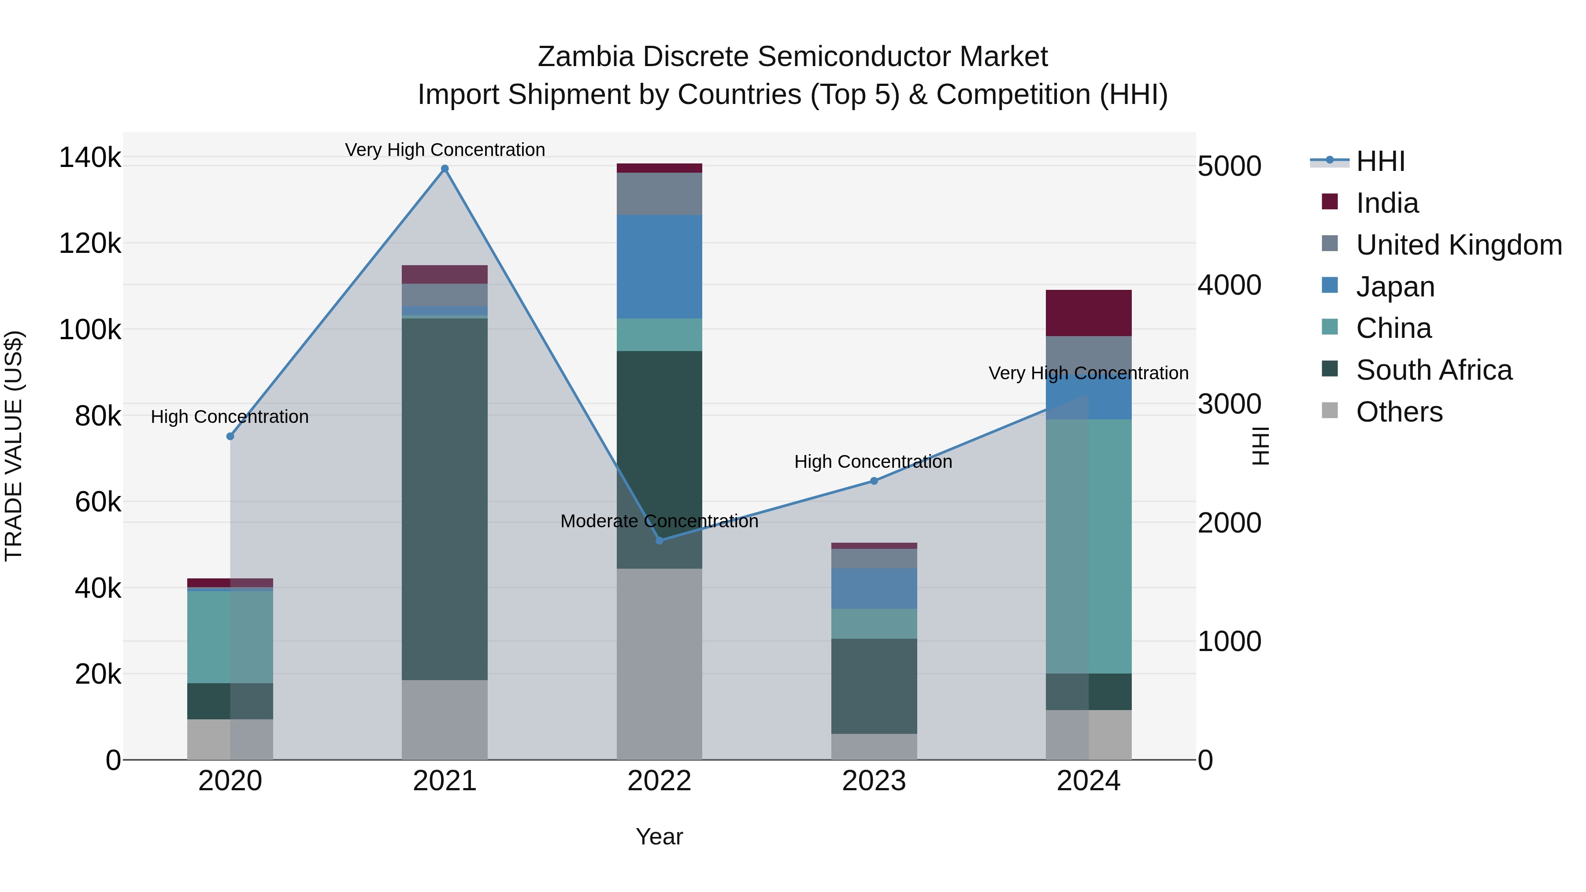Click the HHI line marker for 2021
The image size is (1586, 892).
click(445, 169)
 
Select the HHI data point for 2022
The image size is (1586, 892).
click(660, 540)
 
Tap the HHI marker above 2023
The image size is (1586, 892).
click(874, 481)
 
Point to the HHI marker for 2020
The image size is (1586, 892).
click(230, 436)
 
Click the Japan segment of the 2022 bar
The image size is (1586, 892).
click(660, 266)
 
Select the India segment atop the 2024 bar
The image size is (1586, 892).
click(1089, 313)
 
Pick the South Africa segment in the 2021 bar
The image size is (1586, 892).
click(445, 499)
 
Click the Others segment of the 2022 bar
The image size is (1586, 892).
click(660, 664)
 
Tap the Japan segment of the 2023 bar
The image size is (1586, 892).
click(874, 588)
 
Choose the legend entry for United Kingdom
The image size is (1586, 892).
click(1459, 245)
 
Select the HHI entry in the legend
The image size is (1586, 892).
click(1380, 161)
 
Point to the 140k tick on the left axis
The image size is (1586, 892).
click(90, 158)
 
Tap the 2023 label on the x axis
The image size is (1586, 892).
click(874, 781)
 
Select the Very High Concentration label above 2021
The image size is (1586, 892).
click(445, 150)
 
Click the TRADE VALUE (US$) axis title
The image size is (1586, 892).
click(14, 446)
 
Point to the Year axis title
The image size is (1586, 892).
click(660, 836)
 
